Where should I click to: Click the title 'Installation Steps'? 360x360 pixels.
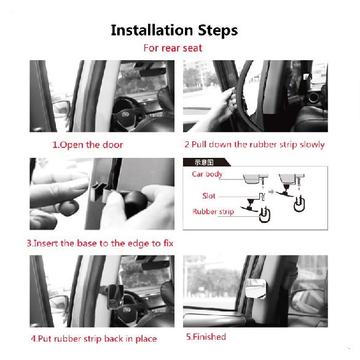pos(174,30)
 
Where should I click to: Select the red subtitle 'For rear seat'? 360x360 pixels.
pos(173,48)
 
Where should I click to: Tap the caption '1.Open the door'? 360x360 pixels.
pos(87,145)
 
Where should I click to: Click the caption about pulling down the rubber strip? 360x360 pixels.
pos(254,145)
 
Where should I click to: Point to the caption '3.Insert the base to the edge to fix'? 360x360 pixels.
pos(100,243)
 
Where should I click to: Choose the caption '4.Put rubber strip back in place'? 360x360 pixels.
pos(93,338)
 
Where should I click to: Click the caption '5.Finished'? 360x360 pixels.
pos(206,337)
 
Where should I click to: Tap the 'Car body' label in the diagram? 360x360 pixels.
pos(207,174)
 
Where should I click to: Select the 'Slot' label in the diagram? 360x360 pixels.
pos(209,196)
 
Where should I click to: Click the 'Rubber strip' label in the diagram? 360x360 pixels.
pos(213,212)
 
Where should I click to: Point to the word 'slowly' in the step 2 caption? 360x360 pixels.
pos(310,145)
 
